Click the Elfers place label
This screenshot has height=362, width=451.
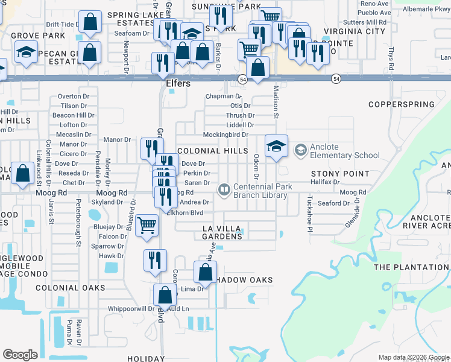point(178,83)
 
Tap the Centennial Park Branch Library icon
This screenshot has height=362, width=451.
point(224,191)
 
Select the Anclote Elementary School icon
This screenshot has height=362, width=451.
point(300,149)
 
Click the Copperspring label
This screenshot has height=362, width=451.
point(402,104)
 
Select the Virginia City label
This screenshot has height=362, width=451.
point(354,31)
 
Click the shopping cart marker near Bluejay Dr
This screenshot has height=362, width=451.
point(147,226)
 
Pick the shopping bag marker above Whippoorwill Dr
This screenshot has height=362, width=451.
point(165,295)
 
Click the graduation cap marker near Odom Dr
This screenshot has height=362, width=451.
point(276,146)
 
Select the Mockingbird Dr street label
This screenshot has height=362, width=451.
point(225,135)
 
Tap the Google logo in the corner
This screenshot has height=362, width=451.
point(20,355)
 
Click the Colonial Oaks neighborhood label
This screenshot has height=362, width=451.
point(71,288)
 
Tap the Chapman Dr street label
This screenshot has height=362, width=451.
point(223,96)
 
